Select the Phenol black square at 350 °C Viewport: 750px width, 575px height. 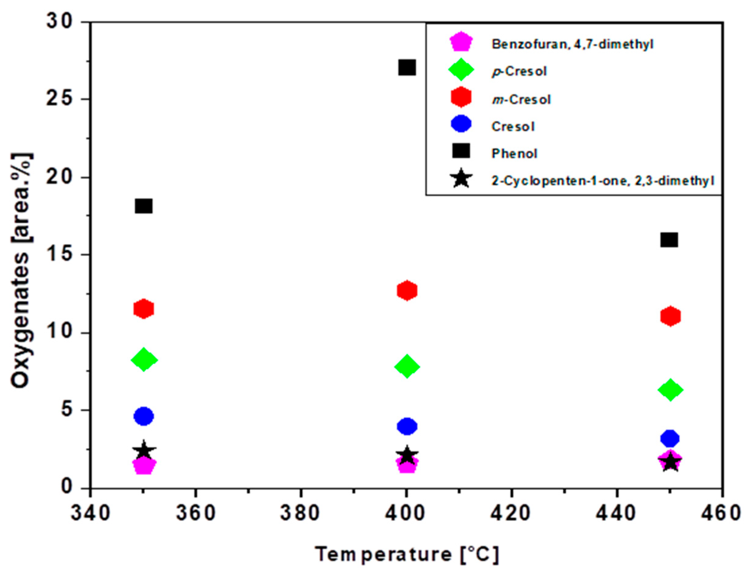pos(143,206)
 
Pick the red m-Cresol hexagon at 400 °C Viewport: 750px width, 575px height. pos(407,291)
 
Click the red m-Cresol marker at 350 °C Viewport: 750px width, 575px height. pos(143,309)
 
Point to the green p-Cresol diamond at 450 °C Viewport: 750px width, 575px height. pos(670,389)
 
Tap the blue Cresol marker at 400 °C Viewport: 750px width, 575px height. pos(407,426)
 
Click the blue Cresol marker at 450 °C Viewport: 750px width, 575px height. pos(670,439)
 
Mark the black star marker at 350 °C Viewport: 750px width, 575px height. pos(144,451)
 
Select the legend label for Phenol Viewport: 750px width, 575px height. pos(514,153)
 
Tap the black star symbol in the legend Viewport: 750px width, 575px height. pos(461,179)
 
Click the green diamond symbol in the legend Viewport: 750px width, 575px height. pos(461,69)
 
